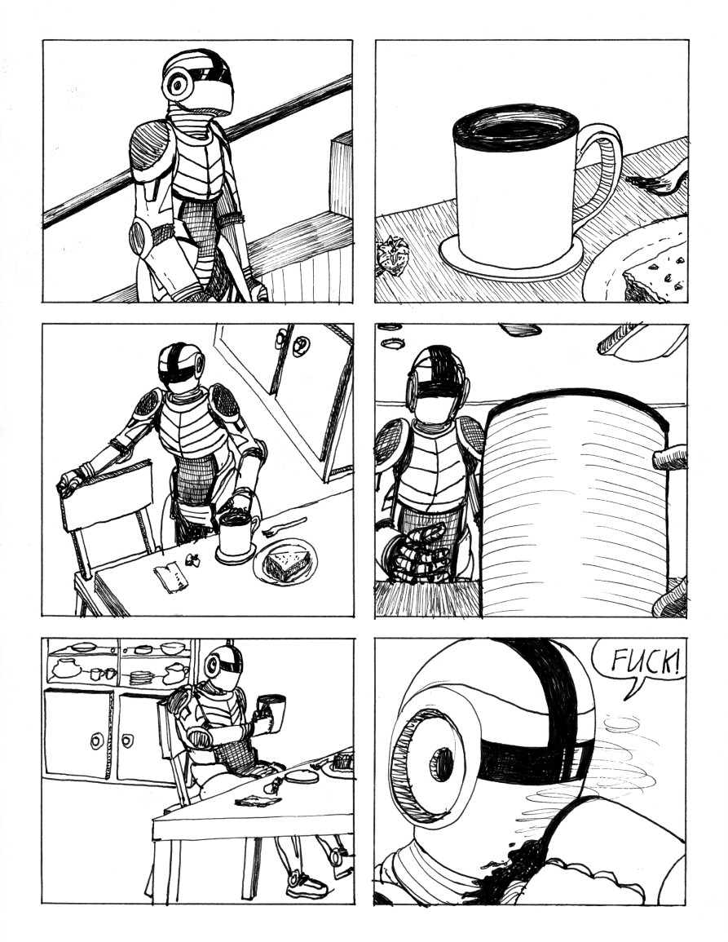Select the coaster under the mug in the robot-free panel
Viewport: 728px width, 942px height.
[510, 260]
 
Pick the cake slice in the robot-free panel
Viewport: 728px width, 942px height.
[657, 272]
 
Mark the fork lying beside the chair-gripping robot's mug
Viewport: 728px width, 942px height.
[284, 526]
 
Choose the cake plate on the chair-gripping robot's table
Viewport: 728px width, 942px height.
[284, 563]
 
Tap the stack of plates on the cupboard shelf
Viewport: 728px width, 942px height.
[142, 677]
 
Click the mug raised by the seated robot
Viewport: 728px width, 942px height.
[271, 712]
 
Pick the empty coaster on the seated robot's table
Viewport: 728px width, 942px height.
[301, 775]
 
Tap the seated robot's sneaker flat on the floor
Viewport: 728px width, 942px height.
[307, 886]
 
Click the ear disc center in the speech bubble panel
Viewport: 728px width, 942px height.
[440, 763]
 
